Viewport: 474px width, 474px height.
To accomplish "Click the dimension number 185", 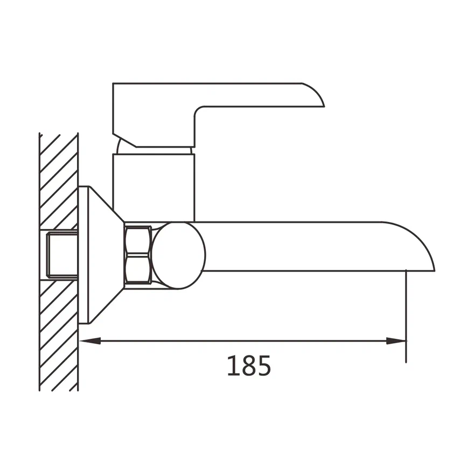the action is coord(249,366).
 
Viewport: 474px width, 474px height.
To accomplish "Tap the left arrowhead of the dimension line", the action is coord(90,341).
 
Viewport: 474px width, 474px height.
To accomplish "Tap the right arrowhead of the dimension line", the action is coord(396,341).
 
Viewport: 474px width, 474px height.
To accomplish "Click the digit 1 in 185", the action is coord(233,366).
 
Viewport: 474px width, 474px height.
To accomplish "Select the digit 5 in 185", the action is coord(263,366).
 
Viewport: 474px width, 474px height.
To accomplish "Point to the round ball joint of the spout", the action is coord(179,255).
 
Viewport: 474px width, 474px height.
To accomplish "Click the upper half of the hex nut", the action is coord(138,241).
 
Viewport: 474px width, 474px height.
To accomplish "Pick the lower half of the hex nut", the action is coord(138,270).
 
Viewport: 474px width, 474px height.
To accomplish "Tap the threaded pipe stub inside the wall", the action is coord(62,255).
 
